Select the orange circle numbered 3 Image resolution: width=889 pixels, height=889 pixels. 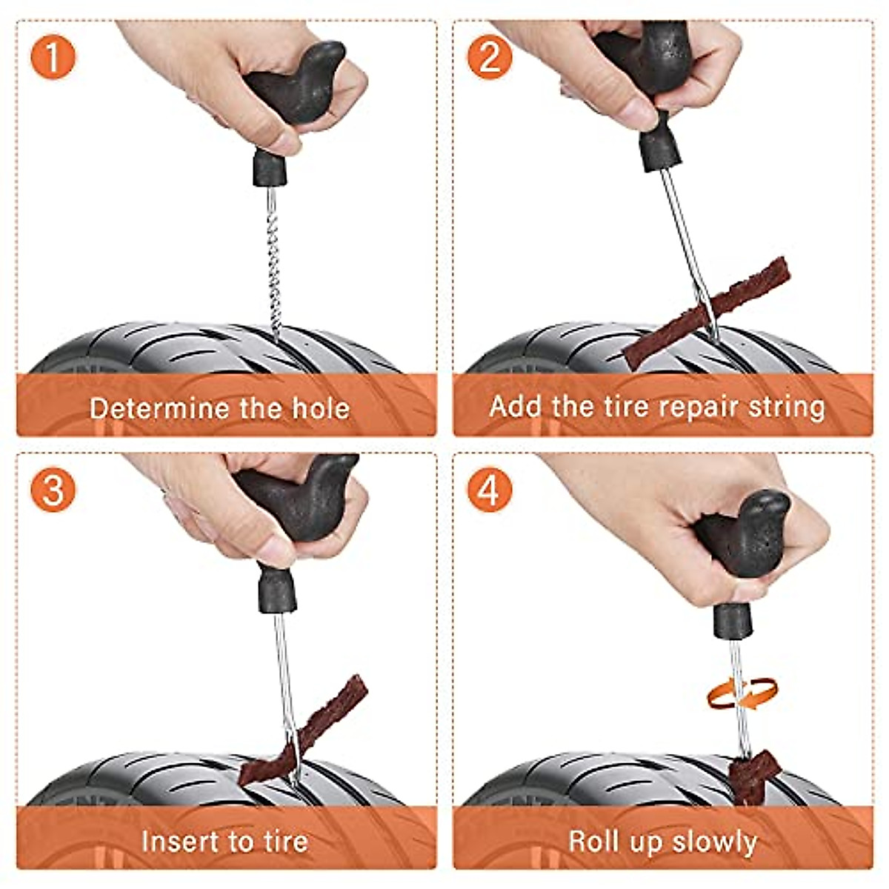[x=53, y=489]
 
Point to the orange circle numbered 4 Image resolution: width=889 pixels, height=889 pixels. [x=490, y=489]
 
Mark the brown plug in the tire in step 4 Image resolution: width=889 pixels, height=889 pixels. [x=750, y=774]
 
